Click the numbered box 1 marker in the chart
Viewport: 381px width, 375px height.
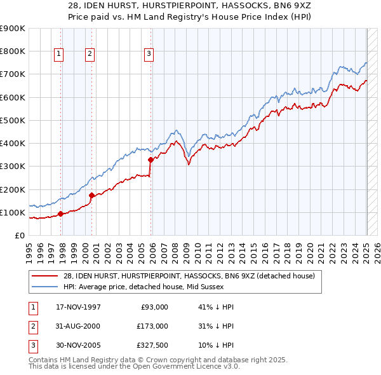click(58, 54)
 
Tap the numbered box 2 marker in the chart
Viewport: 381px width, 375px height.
click(90, 54)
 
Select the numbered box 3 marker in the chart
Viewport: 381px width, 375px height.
click(149, 54)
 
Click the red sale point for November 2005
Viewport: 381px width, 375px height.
click(151, 160)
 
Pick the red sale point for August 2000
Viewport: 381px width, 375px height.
click(92, 195)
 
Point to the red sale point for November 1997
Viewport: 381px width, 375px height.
click(61, 214)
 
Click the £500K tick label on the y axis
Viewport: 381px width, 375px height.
click(13, 120)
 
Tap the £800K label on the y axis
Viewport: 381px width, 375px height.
click(13, 51)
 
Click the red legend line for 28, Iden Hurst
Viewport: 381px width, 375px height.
click(46, 276)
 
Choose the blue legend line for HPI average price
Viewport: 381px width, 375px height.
click(46, 287)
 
